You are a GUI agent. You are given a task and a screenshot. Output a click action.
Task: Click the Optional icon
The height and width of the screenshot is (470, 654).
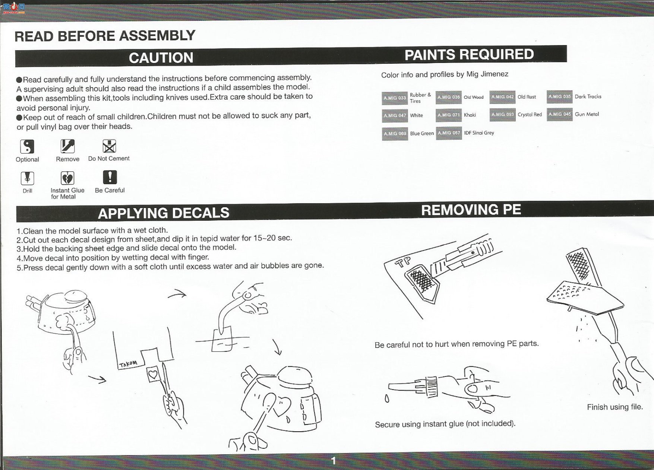pyautogui.click(x=27, y=146)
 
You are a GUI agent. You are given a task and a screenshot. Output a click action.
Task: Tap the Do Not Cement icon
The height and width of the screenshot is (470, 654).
pyautogui.click(x=109, y=146)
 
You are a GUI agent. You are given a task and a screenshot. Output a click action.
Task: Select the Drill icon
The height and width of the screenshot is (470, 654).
pyautogui.click(x=27, y=179)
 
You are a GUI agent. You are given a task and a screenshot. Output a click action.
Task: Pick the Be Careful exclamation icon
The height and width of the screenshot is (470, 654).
pyautogui.click(x=110, y=177)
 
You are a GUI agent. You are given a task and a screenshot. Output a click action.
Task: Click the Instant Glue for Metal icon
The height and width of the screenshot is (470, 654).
pyautogui.click(x=67, y=178)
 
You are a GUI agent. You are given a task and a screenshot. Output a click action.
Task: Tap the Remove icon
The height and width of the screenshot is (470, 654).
pyautogui.click(x=67, y=146)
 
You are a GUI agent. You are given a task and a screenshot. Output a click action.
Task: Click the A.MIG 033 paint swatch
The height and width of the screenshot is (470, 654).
pyautogui.click(x=395, y=98)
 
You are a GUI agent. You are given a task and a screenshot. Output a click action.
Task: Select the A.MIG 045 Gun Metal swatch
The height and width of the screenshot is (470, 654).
pyautogui.click(x=559, y=114)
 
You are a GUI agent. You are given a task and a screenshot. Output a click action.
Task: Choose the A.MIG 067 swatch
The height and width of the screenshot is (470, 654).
pyautogui.click(x=449, y=133)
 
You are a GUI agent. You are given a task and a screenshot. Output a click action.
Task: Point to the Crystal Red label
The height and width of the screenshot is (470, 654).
pyautogui.click(x=530, y=114)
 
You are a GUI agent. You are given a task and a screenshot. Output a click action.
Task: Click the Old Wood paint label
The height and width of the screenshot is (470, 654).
pyautogui.click(x=474, y=97)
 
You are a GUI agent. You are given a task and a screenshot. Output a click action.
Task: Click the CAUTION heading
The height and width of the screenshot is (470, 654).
pyautogui.click(x=161, y=58)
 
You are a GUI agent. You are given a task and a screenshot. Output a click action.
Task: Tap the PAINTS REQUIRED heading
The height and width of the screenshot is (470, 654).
pyautogui.click(x=469, y=54)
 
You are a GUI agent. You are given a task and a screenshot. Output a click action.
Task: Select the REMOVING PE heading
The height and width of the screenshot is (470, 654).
pyautogui.click(x=471, y=209)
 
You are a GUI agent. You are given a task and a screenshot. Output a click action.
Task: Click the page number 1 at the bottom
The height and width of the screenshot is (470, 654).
pyautogui.click(x=334, y=461)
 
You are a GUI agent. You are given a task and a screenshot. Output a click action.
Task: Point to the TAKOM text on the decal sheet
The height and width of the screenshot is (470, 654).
pyautogui.click(x=128, y=364)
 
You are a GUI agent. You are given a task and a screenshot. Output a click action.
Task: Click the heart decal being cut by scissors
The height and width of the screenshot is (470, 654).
pyautogui.click(x=154, y=373)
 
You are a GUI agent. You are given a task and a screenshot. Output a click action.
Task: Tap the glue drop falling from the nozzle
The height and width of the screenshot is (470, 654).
pyautogui.click(x=387, y=399)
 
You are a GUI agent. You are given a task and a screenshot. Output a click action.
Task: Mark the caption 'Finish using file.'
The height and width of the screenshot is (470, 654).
pyautogui.click(x=615, y=407)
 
